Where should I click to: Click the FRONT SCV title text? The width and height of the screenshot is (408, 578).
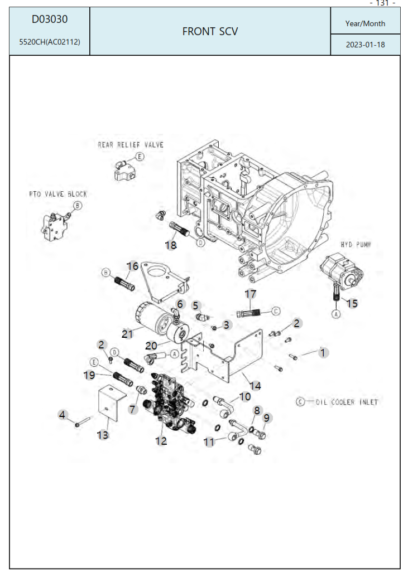click(210, 32)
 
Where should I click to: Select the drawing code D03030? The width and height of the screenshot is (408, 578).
click(50, 20)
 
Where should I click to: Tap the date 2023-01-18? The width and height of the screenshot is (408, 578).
click(365, 45)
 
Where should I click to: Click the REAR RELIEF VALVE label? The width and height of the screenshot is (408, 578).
click(131, 145)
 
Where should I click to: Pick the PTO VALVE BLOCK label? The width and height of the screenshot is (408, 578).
click(58, 195)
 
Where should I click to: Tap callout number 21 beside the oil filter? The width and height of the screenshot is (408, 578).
click(128, 333)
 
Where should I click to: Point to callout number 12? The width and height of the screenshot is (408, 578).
click(161, 441)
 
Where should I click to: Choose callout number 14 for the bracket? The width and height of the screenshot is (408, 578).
click(255, 386)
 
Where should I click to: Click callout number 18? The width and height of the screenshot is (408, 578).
click(171, 245)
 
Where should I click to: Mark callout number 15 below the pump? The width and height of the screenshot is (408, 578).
click(353, 303)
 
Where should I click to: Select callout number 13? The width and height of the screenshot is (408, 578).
click(103, 435)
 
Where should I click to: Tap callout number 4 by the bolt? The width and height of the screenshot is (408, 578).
click(63, 415)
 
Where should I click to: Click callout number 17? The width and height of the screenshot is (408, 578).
click(251, 294)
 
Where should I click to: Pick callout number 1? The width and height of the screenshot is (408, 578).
click(322, 352)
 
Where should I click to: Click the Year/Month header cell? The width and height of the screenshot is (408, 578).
click(365, 23)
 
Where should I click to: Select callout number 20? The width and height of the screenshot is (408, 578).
click(151, 345)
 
